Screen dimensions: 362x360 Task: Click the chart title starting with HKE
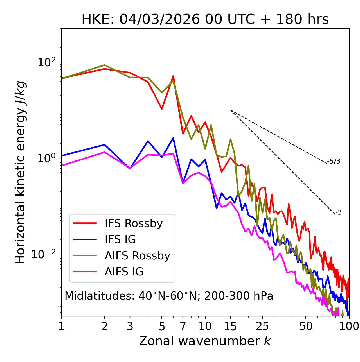[205, 20]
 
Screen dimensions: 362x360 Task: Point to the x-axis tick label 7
[183, 326]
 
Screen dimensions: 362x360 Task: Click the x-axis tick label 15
[231, 326]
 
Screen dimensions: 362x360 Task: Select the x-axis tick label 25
[262, 326]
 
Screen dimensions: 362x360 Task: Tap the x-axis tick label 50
[306, 326]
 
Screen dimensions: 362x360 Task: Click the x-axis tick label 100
[349, 326]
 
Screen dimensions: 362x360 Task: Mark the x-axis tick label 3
[130, 326]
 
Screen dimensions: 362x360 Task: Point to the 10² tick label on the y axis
[47, 62]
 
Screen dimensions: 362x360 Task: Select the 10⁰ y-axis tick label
[47, 158]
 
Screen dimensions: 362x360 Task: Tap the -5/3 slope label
[334, 162]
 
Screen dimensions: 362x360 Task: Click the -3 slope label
[338, 213]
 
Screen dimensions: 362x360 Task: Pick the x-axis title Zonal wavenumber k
[205, 341]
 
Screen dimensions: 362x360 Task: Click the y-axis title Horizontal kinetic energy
[21, 172]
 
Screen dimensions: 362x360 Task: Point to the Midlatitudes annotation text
[169, 296]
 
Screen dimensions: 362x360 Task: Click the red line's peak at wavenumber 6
[173, 76]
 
